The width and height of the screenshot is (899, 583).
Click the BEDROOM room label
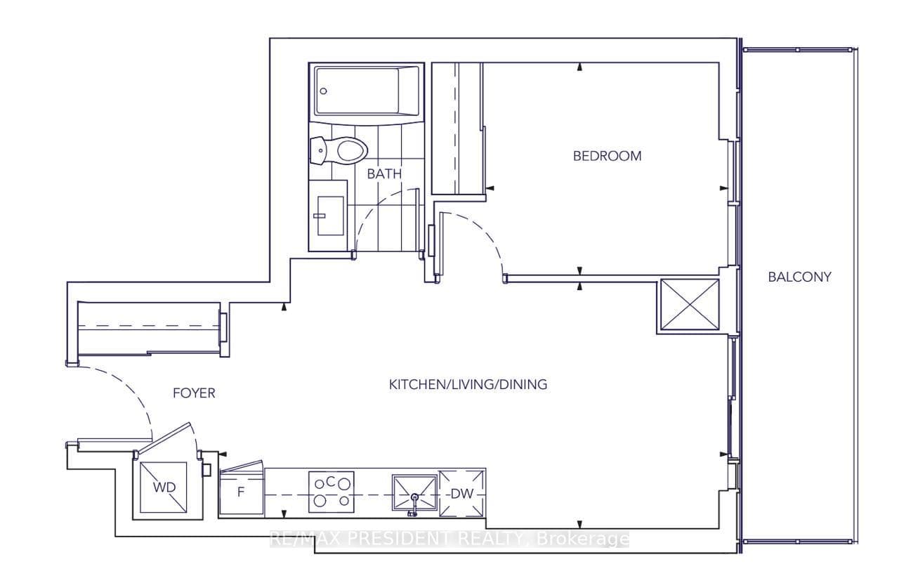click(x=607, y=156)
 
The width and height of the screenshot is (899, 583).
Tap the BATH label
click(x=384, y=174)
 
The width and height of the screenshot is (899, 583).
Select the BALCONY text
click(x=799, y=277)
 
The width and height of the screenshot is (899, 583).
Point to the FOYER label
click(x=194, y=393)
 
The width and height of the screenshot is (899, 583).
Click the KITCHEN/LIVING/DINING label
click(x=468, y=384)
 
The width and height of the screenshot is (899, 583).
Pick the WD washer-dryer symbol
click(x=164, y=487)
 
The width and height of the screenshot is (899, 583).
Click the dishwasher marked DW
click(x=462, y=494)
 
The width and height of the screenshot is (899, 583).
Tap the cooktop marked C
click(x=331, y=492)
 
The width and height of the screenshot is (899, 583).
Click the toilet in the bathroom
click(x=339, y=150)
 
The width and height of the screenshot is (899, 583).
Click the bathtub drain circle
click(x=323, y=91)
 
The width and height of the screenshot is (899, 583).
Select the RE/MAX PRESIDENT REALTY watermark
click(x=449, y=539)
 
